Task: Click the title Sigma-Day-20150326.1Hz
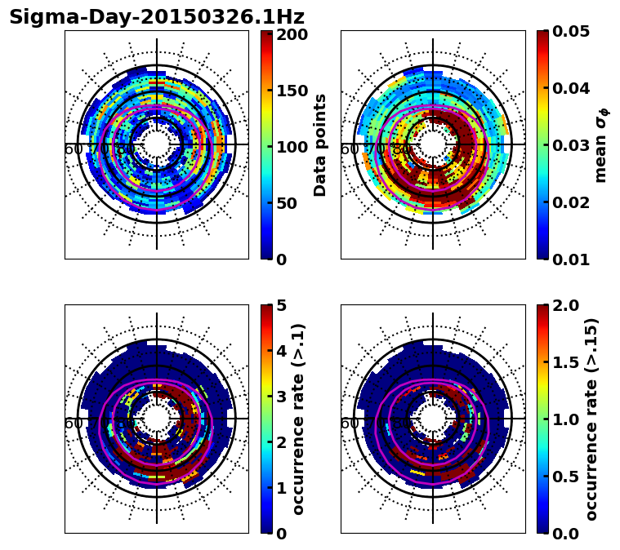pos(156,17)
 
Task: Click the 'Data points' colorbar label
pos(320,145)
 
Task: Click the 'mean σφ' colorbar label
pos(601,145)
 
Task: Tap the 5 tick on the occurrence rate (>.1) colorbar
pos(281,305)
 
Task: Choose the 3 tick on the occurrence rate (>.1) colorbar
pos(281,397)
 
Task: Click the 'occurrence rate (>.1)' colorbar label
pos(299,419)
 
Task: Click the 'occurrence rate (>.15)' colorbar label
pos(591,419)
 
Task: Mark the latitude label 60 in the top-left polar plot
pos(73,149)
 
